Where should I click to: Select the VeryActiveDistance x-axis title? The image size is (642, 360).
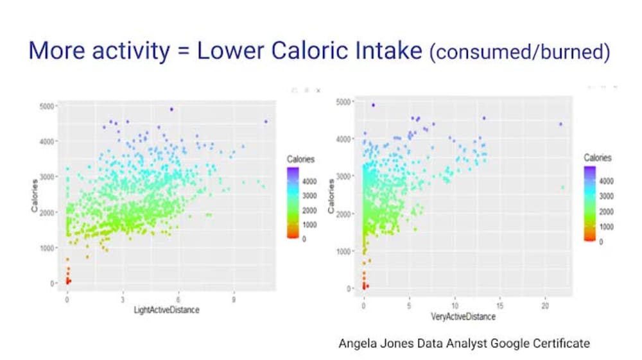pos(464,316)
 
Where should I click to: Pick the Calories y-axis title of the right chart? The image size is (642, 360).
pos(331,196)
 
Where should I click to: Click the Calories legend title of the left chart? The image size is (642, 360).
pos(300,159)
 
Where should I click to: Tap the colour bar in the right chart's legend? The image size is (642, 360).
pos(590,203)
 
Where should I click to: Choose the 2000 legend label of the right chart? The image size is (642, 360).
pos(607,211)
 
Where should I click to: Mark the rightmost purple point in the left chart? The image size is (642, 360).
pos(266,121)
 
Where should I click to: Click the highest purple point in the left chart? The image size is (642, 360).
pos(171,109)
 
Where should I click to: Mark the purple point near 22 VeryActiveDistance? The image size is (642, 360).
pos(560,124)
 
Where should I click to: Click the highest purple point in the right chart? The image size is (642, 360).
pos(373,105)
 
